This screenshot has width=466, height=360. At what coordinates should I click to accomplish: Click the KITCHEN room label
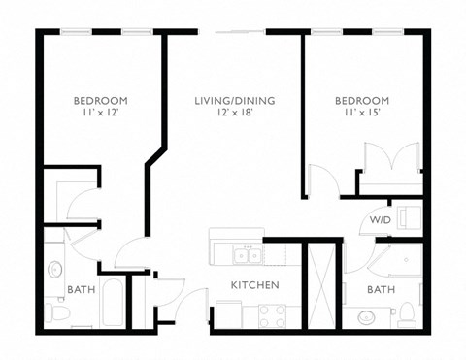254,285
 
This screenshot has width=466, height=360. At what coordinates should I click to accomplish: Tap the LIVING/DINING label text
234,101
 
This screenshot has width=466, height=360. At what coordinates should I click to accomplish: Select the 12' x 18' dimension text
234,114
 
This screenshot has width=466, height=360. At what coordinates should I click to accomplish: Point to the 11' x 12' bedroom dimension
101,114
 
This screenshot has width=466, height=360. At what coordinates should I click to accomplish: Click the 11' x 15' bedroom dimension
362,114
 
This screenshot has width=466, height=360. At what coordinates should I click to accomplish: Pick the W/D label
380,221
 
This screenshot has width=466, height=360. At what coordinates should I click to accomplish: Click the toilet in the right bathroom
407,312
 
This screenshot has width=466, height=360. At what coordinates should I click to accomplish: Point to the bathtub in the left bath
113,302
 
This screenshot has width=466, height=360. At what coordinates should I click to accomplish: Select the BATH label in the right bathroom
380,290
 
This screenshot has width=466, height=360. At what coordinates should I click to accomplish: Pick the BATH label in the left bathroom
80,289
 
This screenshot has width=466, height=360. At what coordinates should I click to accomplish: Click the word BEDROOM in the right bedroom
362,101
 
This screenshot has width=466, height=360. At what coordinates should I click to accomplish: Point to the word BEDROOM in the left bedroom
101,101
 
